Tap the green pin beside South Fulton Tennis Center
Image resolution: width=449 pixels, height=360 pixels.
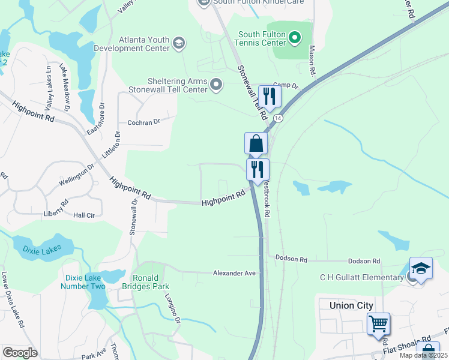click(x=294, y=38)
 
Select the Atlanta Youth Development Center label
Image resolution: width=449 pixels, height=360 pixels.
click(x=144, y=43)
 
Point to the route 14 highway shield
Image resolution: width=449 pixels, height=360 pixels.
click(x=277, y=119)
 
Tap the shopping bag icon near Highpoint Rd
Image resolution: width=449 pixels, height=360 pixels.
click(x=256, y=144)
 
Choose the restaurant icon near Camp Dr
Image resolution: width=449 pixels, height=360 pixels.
click(x=269, y=97)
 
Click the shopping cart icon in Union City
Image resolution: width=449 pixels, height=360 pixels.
click(x=379, y=324)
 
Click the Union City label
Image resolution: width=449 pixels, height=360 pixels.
click(x=351, y=305)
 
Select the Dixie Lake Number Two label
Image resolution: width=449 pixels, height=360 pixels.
click(x=83, y=282)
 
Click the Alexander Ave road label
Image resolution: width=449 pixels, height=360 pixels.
click(x=234, y=273)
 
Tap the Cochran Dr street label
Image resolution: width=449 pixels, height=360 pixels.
click(x=143, y=122)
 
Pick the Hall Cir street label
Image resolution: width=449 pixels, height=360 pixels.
click(x=83, y=215)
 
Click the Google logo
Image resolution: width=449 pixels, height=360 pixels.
click(x=20, y=353)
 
